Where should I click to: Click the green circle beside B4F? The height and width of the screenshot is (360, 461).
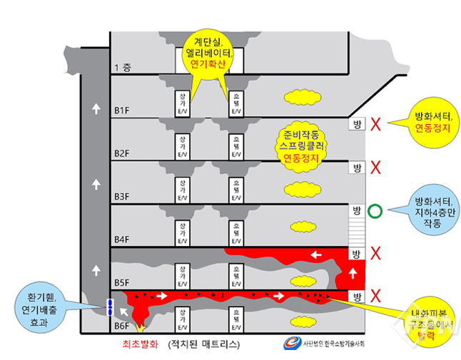[375, 211]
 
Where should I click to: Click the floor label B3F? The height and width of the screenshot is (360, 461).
[121, 196]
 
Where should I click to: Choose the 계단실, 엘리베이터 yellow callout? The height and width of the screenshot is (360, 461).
[207, 51]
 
